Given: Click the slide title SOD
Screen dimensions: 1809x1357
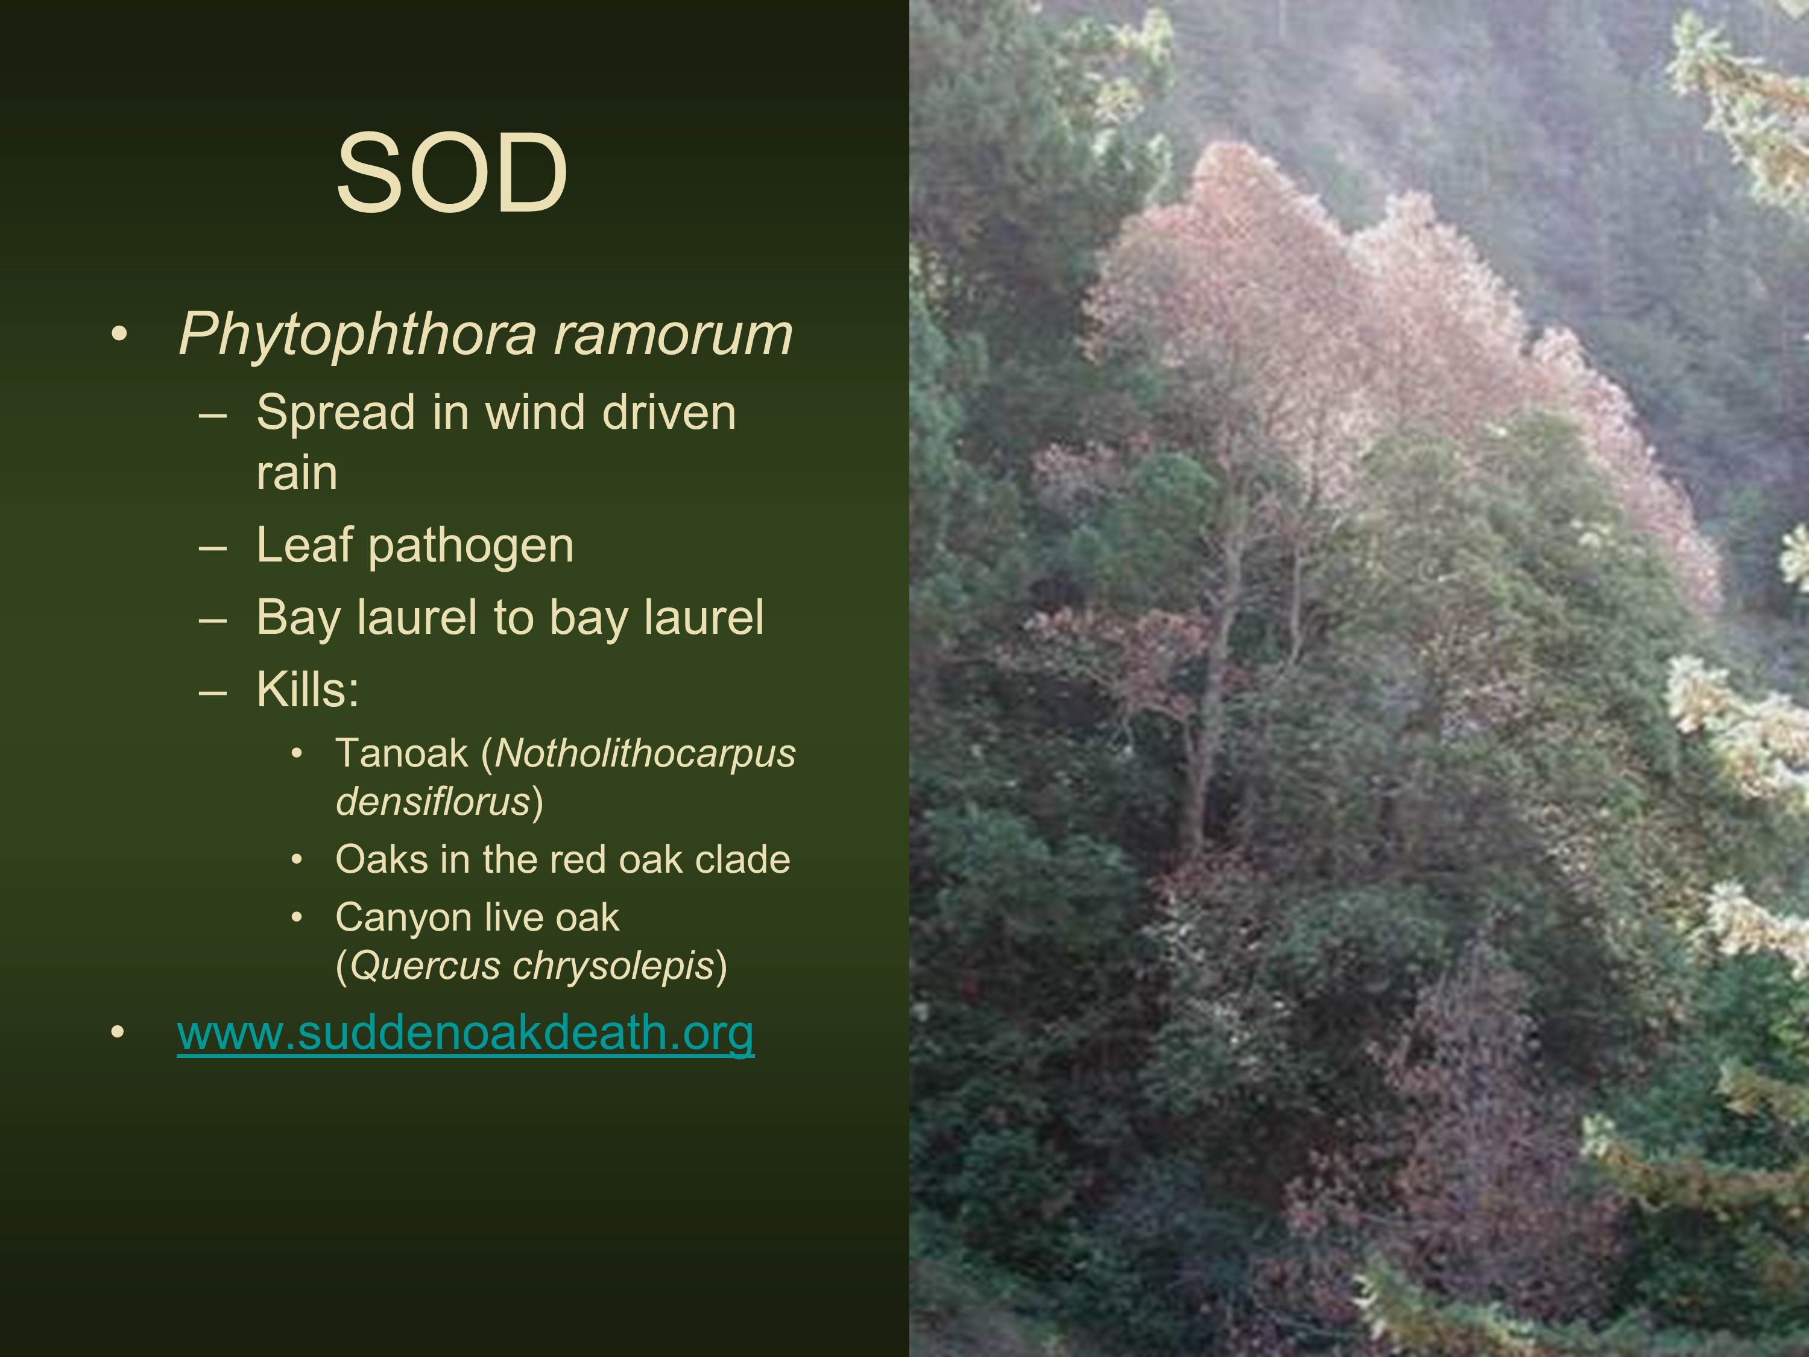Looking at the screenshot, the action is (x=452, y=174).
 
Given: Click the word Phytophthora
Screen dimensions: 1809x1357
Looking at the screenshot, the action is (x=358, y=335).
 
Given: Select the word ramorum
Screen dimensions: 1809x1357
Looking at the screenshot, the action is (x=673, y=335).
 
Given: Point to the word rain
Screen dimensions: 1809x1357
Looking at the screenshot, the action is (x=297, y=473).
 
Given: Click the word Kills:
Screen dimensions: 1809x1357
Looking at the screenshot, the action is (x=308, y=689).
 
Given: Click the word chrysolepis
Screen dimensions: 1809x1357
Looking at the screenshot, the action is (x=613, y=967).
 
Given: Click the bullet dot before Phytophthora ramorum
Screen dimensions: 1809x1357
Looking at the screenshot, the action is (x=119, y=335).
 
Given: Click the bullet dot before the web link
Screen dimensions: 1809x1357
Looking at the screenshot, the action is (x=119, y=1034).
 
